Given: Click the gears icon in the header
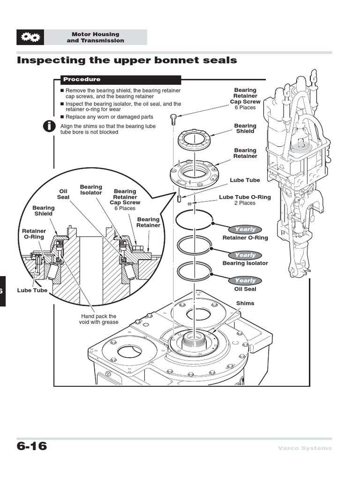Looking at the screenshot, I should (x=30, y=37).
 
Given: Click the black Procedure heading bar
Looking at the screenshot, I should (x=120, y=80).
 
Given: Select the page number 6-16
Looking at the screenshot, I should (x=32, y=446).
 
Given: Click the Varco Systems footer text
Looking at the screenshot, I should (x=304, y=448).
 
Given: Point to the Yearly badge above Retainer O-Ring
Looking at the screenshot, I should (x=245, y=229).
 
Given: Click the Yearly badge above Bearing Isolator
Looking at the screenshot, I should (x=245, y=255).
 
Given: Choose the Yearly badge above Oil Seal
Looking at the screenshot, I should (x=245, y=280).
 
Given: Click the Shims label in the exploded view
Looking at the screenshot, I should (x=245, y=303).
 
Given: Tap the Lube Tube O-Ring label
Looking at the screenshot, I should (x=245, y=197).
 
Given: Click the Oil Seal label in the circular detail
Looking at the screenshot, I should (x=63, y=194).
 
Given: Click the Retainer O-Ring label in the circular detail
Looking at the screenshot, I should (x=34, y=234).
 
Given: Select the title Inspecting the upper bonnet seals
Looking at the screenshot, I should (x=127, y=60).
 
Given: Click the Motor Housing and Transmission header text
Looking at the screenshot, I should (x=95, y=37).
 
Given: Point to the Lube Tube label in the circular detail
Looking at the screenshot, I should (x=32, y=291).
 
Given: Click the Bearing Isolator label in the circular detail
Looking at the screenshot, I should (x=91, y=190).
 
